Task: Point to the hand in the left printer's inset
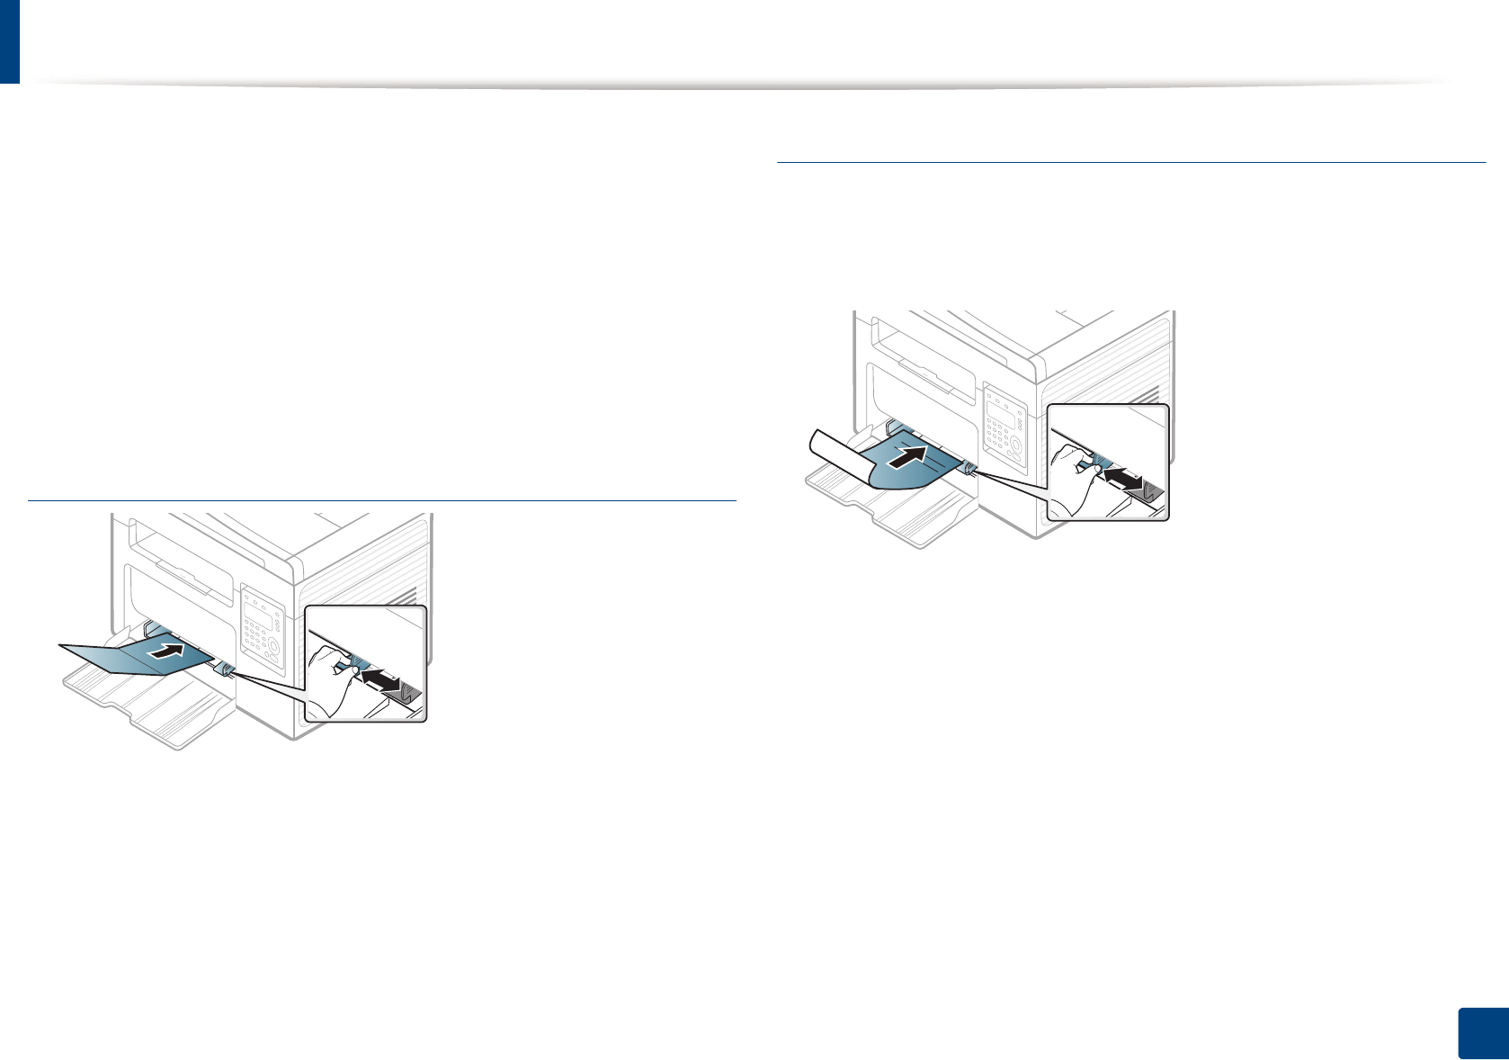(328, 679)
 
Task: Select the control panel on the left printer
(261, 631)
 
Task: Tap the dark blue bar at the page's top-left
(9, 41)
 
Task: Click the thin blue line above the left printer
(382, 499)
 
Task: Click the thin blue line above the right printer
(1130, 162)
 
